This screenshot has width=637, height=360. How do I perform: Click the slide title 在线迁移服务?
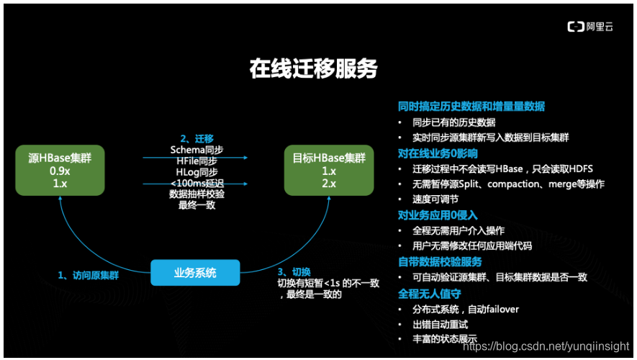coord(313,68)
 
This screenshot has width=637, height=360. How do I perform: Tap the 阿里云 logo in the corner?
coord(589,27)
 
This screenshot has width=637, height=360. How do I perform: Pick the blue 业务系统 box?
coord(195,273)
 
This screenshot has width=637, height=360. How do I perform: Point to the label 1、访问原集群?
coord(89,275)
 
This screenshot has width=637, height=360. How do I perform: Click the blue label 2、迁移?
coord(196,138)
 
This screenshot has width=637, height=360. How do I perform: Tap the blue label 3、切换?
coord(294,271)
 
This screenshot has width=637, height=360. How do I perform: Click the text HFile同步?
coord(196,161)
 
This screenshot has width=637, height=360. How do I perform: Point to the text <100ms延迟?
coord(196,183)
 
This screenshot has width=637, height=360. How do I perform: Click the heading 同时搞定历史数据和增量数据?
coord(471,107)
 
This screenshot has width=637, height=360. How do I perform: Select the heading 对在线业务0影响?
coord(438,153)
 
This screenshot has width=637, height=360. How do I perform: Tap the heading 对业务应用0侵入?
coord(438,215)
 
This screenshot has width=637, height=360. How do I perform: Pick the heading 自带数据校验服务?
coord(440,261)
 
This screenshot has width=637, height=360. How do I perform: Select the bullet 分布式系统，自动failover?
coord(466,310)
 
